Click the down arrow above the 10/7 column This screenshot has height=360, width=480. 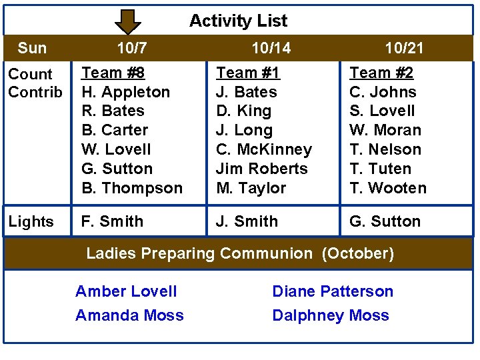[128, 21]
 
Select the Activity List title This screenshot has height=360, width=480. [238, 21]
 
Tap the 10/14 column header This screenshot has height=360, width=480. [271, 48]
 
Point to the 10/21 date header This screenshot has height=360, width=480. [404, 48]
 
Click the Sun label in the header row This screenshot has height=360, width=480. [32, 48]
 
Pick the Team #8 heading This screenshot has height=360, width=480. [113, 73]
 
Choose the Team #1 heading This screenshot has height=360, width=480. [248, 73]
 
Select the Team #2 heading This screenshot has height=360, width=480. [382, 73]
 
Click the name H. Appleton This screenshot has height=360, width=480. [125, 92]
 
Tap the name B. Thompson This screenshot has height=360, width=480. [132, 188]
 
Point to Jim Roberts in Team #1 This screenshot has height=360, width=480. [262, 169]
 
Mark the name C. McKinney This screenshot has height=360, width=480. [264, 149]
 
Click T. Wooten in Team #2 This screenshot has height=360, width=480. [388, 188]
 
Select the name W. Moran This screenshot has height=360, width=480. [385, 130]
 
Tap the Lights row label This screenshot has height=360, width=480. [31, 222]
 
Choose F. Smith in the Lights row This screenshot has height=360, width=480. [112, 221]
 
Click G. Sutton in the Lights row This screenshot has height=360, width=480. [385, 221]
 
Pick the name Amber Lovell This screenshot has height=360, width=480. [126, 291]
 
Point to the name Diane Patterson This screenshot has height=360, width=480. [333, 291]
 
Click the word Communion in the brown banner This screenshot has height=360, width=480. [265, 253]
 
